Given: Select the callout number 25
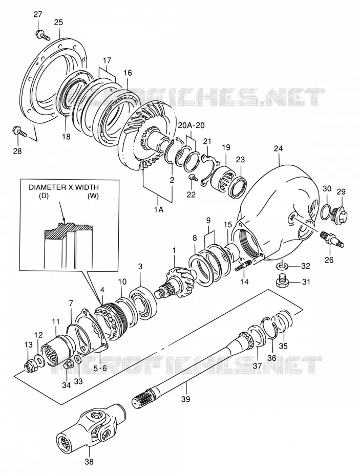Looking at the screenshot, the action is tap(58, 22).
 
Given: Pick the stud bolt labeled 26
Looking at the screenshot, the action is tap(332, 239).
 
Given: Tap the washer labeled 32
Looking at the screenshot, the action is tap(282, 267).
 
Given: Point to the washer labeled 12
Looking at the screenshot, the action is tap(39, 359).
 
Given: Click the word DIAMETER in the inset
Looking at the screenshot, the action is tap(46, 187).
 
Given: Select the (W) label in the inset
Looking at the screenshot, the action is tap(93, 196).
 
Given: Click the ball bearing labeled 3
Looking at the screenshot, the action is tap(143, 299).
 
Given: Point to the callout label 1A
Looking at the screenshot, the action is tap(159, 209).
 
